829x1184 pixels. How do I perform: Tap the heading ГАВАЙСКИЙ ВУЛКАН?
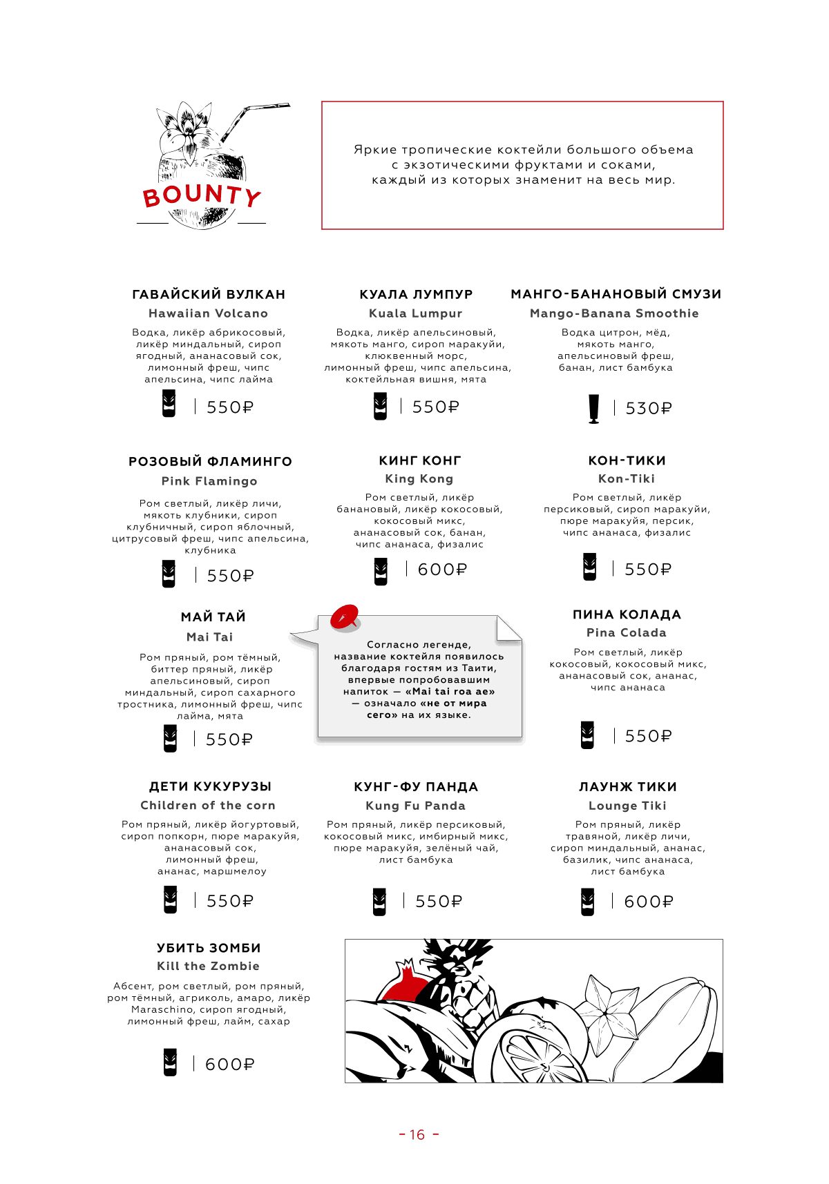[x=209, y=294]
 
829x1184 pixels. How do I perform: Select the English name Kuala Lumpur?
[x=415, y=313]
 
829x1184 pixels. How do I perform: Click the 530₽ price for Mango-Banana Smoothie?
[x=649, y=408]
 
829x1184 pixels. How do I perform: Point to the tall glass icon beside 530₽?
[x=593, y=409]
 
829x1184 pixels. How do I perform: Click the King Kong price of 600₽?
[x=442, y=570]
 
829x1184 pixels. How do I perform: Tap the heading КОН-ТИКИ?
[x=627, y=460]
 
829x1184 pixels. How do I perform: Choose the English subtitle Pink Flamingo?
[x=209, y=481]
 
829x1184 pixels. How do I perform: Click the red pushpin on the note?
[x=344, y=617]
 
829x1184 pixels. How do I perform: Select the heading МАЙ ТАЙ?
[x=213, y=617]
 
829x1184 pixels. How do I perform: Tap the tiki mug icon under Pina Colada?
[x=587, y=735]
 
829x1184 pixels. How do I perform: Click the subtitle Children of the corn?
[x=208, y=805]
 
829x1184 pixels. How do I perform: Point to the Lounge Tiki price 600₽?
[x=648, y=902]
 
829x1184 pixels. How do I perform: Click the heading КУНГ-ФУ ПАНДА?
[x=416, y=787]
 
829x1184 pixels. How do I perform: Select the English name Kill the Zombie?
[x=208, y=966]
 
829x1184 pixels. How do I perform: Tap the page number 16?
[x=417, y=1135]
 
